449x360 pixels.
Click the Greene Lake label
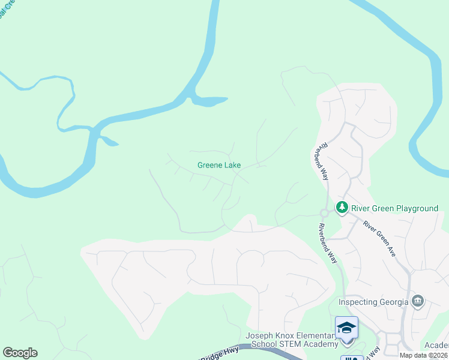point(219,165)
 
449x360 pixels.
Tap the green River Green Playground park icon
point(342,208)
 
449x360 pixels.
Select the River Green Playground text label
point(394,208)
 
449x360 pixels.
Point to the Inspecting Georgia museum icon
point(418,301)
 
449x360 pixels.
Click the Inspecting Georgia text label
point(373,301)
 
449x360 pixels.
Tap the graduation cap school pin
point(346,328)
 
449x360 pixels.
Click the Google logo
point(20,353)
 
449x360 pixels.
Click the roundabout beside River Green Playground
point(324,213)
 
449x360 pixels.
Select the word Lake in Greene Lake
point(232,165)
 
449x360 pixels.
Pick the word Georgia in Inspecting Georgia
point(393,301)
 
